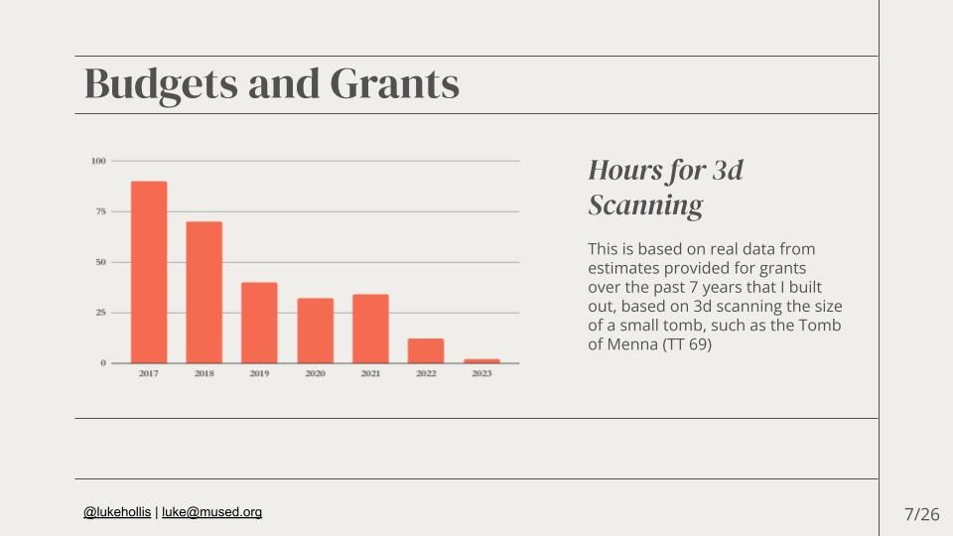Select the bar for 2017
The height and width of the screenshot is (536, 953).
[149, 272]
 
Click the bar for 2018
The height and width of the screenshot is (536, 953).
[204, 292]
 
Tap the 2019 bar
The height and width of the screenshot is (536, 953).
[259, 323]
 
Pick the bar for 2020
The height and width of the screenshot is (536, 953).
[315, 331]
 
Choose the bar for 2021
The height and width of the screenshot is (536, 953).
[370, 329]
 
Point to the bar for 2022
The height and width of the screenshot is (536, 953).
[426, 350]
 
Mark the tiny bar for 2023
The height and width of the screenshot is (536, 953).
[481, 361]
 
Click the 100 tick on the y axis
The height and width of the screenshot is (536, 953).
[98, 161]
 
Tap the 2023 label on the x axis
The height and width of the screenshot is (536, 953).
[481, 374]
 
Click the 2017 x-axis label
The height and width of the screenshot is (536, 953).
[149, 374]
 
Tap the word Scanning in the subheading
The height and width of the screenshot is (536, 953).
[645, 205]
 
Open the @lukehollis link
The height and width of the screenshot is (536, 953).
[117, 512]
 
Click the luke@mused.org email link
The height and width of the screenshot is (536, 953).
[211, 512]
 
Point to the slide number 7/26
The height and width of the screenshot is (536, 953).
[921, 514]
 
